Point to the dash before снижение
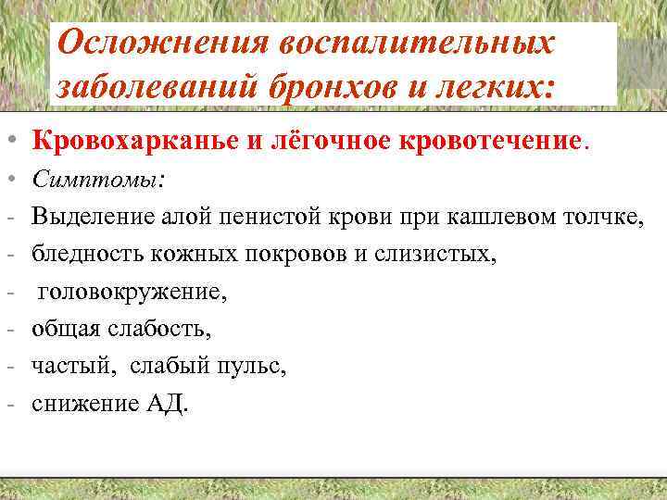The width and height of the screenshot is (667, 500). click(x=7, y=404)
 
